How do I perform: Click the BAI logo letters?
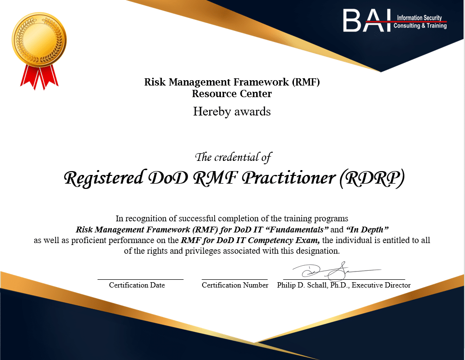(x=367, y=20)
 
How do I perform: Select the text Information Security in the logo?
(x=420, y=18)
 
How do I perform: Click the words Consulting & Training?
(x=420, y=26)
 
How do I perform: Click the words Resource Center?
(x=232, y=94)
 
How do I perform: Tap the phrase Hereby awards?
(x=232, y=112)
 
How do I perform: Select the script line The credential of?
(x=233, y=157)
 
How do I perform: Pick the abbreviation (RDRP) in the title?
(x=372, y=178)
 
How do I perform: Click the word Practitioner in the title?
(x=289, y=178)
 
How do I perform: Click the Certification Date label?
(x=137, y=285)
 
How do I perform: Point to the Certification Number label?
(x=235, y=285)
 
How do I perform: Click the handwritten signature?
(x=336, y=271)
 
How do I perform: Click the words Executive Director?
(x=381, y=285)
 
